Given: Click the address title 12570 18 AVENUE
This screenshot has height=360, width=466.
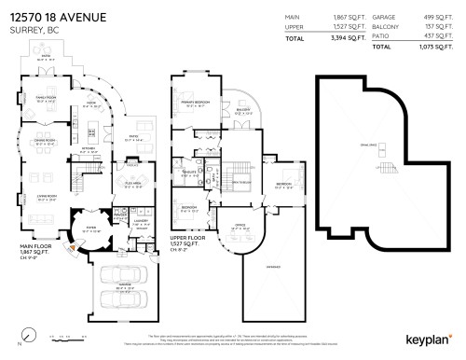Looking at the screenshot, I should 58,17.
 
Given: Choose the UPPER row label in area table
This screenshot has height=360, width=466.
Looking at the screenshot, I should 294,27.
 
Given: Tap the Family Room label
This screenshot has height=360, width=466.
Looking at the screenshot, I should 46,99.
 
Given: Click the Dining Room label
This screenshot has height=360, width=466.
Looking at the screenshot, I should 46,143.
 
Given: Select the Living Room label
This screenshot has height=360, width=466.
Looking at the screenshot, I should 46,196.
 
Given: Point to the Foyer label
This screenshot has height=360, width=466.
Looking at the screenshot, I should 91,227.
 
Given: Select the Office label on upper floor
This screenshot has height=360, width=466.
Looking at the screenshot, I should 240,225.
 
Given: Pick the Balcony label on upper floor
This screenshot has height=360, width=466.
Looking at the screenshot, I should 243,111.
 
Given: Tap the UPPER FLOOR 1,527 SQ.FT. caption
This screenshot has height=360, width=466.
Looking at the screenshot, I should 192,240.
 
